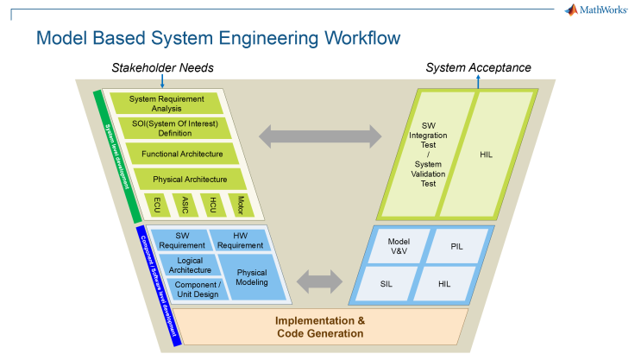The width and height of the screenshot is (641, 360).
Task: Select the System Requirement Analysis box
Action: pyautogui.click(x=167, y=103)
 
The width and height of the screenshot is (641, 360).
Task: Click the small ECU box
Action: pyautogui.click(x=157, y=205)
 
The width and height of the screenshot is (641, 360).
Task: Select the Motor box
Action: pyautogui.click(x=239, y=205)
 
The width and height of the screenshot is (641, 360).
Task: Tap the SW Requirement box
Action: pyautogui.click(x=181, y=240)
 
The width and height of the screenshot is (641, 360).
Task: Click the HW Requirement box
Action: pyautogui.click(x=241, y=240)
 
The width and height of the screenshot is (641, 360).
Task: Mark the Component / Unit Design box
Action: pyautogui.click(x=198, y=289)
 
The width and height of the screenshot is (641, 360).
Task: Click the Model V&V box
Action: pyautogui.click(x=398, y=246)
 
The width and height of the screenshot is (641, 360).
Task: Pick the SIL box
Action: pyautogui.click(x=386, y=282)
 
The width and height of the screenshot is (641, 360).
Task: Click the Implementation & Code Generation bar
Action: pyautogui.click(x=319, y=327)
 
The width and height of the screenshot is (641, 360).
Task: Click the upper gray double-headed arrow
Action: pyautogui.click(x=320, y=135)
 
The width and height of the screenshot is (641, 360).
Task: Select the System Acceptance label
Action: pyautogui.click(x=478, y=67)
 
